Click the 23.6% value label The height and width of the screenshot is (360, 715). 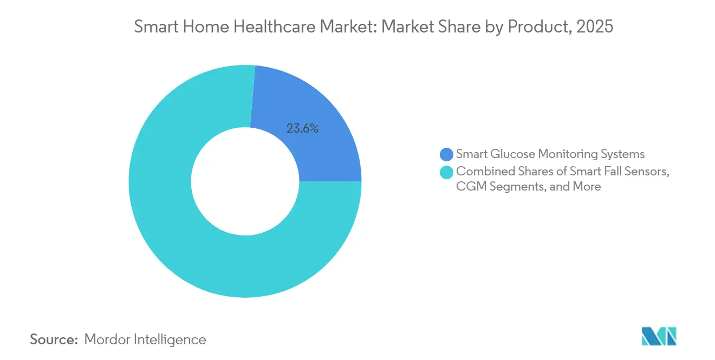tap(302, 129)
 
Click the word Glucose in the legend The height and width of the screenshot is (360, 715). tap(510, 154)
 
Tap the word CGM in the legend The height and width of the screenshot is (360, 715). tap(469, 187)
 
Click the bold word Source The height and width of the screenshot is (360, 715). tap(54, 340)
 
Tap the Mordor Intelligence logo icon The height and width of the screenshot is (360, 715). tap(659, 336)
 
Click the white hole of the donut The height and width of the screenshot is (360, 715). tap(245, 181)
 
